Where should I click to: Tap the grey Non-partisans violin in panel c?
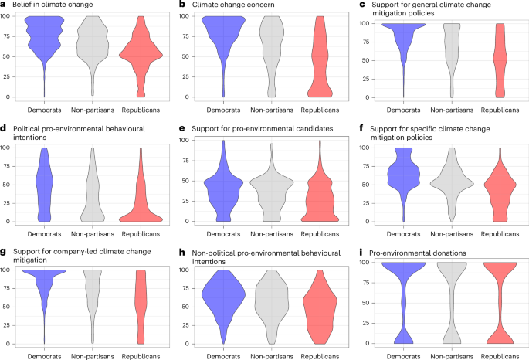point(452,54)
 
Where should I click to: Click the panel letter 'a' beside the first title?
point(5,5)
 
